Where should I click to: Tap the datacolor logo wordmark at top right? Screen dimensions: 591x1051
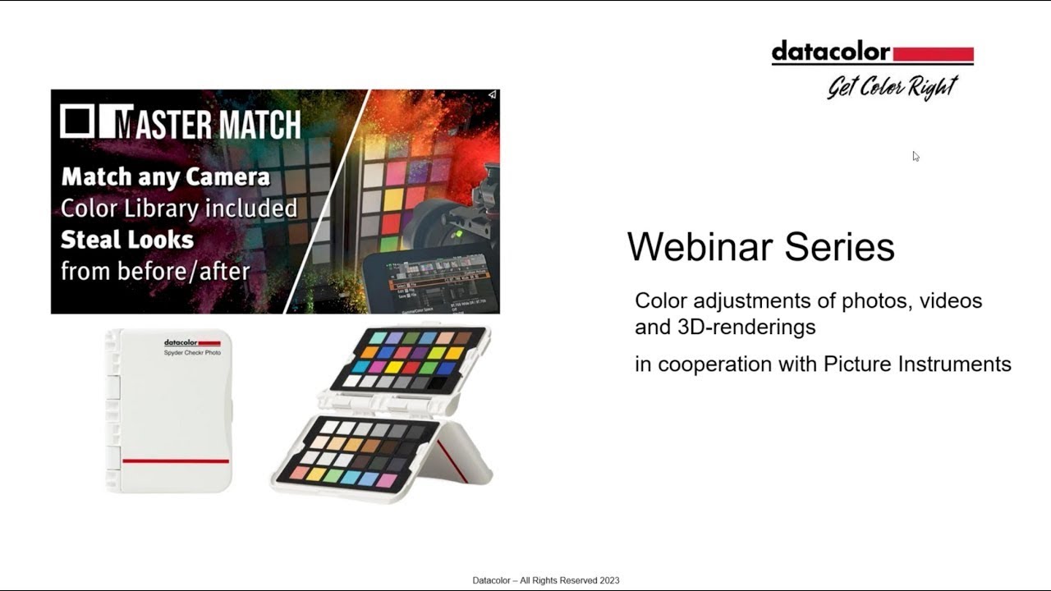pyautogui.click(x=830, y=53)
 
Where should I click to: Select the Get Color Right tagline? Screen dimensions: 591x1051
pyautogui.click(x=892, y=85)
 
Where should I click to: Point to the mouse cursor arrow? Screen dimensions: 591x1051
pyautogui.click(x=915, y=155)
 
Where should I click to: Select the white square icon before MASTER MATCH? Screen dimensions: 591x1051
pyautogui.click(x=76, y=121)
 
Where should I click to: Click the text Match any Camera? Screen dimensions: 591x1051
pyautogui.click(x=165, y=176)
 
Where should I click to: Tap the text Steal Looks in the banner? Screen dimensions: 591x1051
pyautogui.click(x=127, y=240)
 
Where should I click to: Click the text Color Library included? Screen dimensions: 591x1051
pyautogui.click(x=178, y=208)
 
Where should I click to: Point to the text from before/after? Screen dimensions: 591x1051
pyautogui.click(x=154, y=271)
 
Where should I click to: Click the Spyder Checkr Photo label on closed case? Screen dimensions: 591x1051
pyautogui.click(x=192, y=352)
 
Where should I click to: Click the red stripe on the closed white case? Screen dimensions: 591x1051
pyautogui.click(x=175, y=461)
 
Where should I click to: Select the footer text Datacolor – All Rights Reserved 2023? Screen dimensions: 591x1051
pyautogui.click(x=545, y=580)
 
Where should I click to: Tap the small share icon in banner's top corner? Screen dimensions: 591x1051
pyautogui.click(x=491, y=95)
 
